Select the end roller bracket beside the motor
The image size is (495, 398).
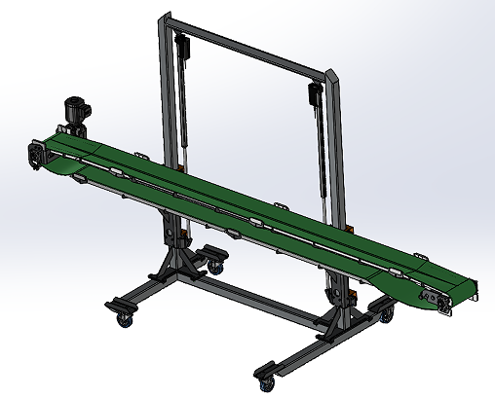pos(37,157)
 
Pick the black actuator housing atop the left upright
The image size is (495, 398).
pos(182,43)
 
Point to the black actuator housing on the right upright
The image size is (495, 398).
pos(315,93)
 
